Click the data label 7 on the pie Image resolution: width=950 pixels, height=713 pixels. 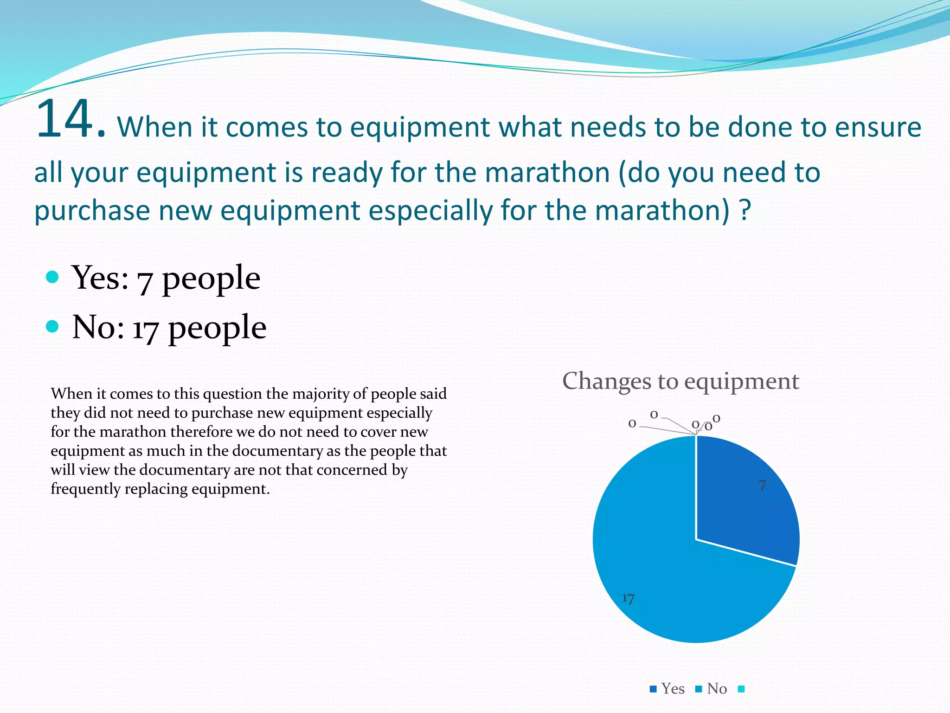[762, 486]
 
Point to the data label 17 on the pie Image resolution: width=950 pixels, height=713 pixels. [628, 598]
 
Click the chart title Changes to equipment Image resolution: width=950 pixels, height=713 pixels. [680, 381]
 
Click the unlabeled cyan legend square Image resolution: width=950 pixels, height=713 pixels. [741, 689]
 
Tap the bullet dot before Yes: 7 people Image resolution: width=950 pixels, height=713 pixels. [52, 277]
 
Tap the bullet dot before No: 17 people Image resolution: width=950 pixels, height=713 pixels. [52, 326]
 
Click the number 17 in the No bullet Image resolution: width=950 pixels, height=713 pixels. [145, 329]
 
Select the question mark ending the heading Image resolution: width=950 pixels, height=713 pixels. [745, 210]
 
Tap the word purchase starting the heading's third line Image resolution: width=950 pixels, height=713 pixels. [92, 210]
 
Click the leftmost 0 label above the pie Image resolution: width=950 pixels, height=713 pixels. [632, 423]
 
